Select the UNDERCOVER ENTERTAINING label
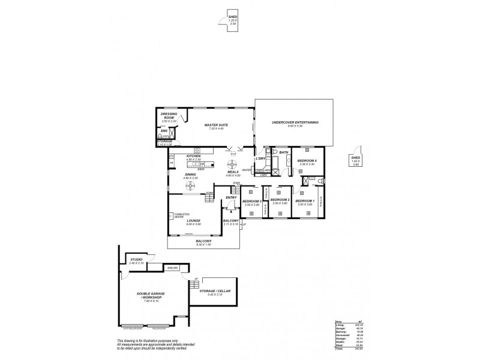pos(295,122)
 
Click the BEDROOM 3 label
pos(252,201)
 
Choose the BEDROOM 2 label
pos(280,200)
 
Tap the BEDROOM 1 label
pos(305,201)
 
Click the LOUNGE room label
pos(193,221)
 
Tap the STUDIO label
pos(136,260)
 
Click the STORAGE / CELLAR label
pos(215,292)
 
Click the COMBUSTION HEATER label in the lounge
pos(182,214)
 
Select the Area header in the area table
pos(338,322)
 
